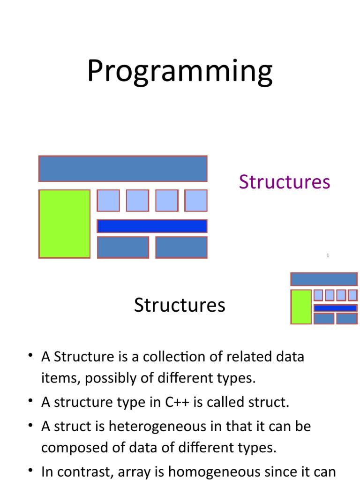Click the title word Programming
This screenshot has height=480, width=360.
(180, 72)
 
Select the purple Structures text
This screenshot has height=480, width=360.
(285, 182)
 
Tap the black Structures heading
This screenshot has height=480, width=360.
(180, 305)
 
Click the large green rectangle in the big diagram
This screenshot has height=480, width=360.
(64, 224)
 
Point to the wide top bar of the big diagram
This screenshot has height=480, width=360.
(123, 169)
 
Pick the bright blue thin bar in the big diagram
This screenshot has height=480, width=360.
(152, 226)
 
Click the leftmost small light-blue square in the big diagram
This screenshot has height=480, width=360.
(108, 201)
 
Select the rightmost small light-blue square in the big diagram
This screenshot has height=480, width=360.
(195, 201)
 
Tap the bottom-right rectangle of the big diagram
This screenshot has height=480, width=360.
(181, 247)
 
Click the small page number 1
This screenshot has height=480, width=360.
(328, 255)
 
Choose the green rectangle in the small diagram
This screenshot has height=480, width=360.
(301, 307)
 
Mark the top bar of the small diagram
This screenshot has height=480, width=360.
(324, 279)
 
